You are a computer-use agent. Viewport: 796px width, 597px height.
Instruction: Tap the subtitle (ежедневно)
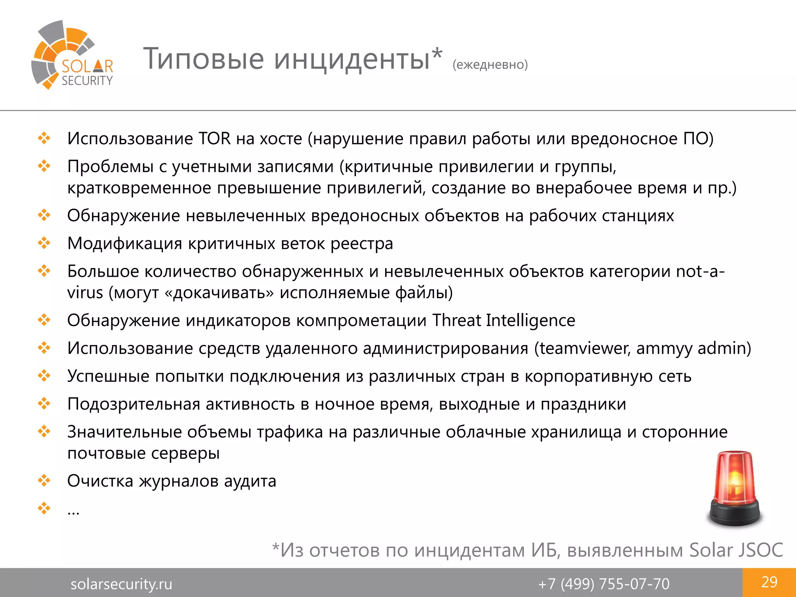point(490,65)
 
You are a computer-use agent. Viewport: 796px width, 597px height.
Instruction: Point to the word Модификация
point(124,244)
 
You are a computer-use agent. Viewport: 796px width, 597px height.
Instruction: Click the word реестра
point(362,244)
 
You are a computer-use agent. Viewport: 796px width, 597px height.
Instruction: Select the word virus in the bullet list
point(85,293)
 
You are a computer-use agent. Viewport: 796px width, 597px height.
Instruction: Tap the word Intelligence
point(531,321)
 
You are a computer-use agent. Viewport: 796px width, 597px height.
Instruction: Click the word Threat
point(456,321)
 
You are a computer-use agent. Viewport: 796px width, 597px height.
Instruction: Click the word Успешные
point(108,376)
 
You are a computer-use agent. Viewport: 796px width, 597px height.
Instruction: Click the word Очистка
point(100,481)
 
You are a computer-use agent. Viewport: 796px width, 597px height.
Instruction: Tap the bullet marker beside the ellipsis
point(44,508)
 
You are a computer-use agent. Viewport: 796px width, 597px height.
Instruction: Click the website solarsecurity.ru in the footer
point(121,584)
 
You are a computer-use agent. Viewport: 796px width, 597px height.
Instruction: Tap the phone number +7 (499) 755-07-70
point(604,584)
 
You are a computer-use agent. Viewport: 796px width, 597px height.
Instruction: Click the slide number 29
point(769,582)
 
